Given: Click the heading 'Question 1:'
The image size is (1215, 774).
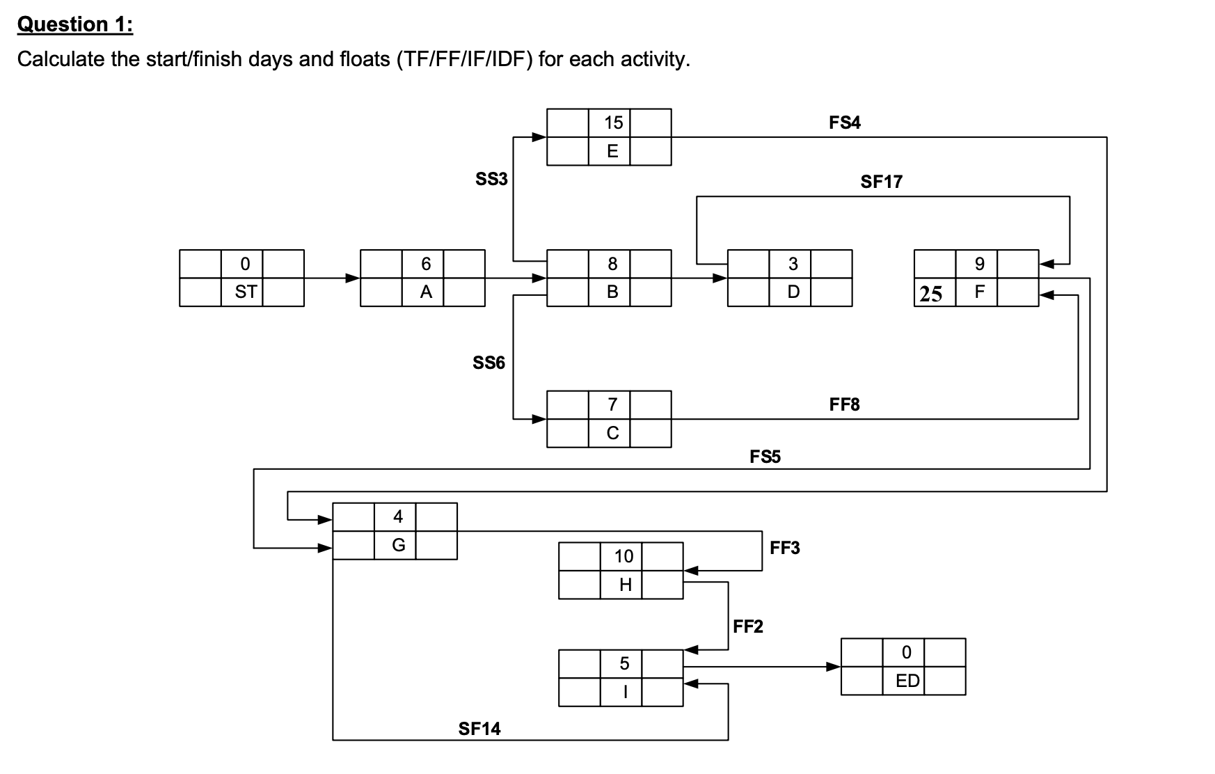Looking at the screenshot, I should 75,24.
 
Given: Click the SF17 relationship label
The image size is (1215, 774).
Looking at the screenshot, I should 881,182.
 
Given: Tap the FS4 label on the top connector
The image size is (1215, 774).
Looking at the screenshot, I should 844,123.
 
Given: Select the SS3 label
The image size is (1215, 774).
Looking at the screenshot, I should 491,180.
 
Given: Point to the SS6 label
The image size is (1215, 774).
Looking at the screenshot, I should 489,363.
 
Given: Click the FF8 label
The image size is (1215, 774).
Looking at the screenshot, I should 844,404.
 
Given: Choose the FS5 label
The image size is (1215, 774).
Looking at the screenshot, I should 765,457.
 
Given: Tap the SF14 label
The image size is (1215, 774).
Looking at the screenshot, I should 479,729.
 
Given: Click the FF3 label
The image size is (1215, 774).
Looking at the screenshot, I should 785,548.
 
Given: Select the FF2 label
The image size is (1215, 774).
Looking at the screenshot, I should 748,627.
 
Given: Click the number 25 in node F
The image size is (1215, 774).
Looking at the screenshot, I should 931,294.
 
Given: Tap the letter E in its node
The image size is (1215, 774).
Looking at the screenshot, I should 612,152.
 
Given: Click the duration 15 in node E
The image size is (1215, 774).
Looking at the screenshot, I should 613,123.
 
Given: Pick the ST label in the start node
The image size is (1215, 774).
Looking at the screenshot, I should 245,292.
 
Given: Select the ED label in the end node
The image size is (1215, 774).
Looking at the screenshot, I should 907,681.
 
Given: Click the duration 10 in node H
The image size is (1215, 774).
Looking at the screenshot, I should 624,557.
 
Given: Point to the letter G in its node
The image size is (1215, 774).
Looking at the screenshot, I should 398,545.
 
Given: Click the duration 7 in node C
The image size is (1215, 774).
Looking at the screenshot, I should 612,404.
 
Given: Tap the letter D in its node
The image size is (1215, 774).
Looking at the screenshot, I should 793,292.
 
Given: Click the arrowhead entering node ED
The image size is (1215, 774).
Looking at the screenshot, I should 832,667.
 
